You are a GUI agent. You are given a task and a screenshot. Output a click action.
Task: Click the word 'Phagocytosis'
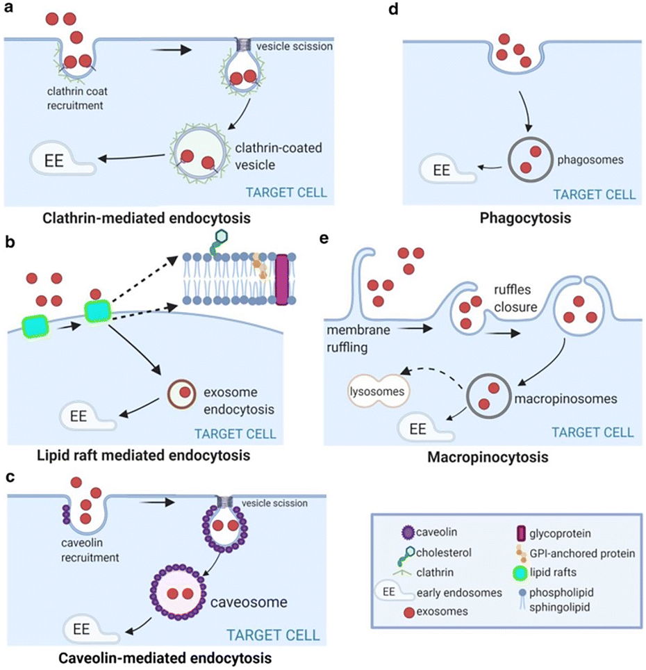click(524, 218)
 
